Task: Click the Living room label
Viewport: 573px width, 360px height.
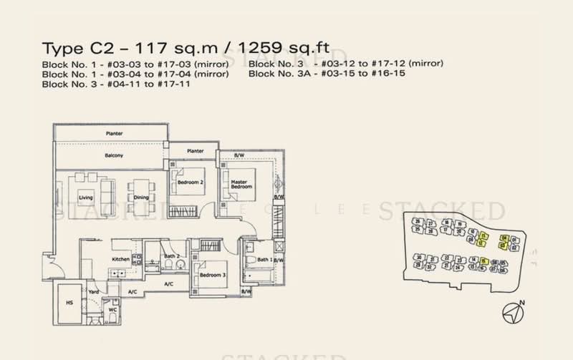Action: click(x=86, y=198)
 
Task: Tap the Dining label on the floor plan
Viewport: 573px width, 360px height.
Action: click(x=141, y=198)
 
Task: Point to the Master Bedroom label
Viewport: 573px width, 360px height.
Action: click(x=239, y=185)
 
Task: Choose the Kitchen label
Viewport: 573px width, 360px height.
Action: click(x=120, y=259)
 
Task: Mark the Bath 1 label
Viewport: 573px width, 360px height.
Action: click(x=263, y=260)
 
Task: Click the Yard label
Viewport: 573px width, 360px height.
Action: click(x=93, y=291)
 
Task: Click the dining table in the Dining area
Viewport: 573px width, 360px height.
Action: click(x=141, y=190)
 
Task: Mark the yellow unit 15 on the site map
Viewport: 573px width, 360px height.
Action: click(x=484, y=261)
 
